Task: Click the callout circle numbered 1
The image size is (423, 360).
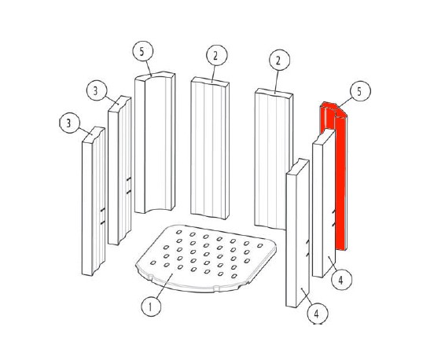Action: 151,307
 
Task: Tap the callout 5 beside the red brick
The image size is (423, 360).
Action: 360,91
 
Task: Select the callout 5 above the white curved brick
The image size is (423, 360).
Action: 143,51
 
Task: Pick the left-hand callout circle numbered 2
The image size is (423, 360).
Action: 217,55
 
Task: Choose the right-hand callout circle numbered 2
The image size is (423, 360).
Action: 279,60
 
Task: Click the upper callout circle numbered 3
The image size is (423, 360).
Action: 97,90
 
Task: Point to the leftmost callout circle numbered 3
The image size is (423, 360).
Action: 70,123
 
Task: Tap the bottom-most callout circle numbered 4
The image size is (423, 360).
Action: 318,314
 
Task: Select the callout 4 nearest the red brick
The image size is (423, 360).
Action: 341,280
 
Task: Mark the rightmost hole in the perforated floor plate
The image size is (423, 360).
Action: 260,246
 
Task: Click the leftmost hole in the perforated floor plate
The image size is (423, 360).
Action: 153,263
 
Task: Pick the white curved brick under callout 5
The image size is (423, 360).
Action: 155,143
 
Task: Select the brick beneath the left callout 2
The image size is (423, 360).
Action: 210,148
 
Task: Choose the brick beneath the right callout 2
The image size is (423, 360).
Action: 273,159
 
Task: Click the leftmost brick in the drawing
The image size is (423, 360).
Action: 94,201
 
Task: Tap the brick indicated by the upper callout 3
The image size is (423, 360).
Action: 120,170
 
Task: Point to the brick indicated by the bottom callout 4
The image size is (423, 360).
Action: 297,233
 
